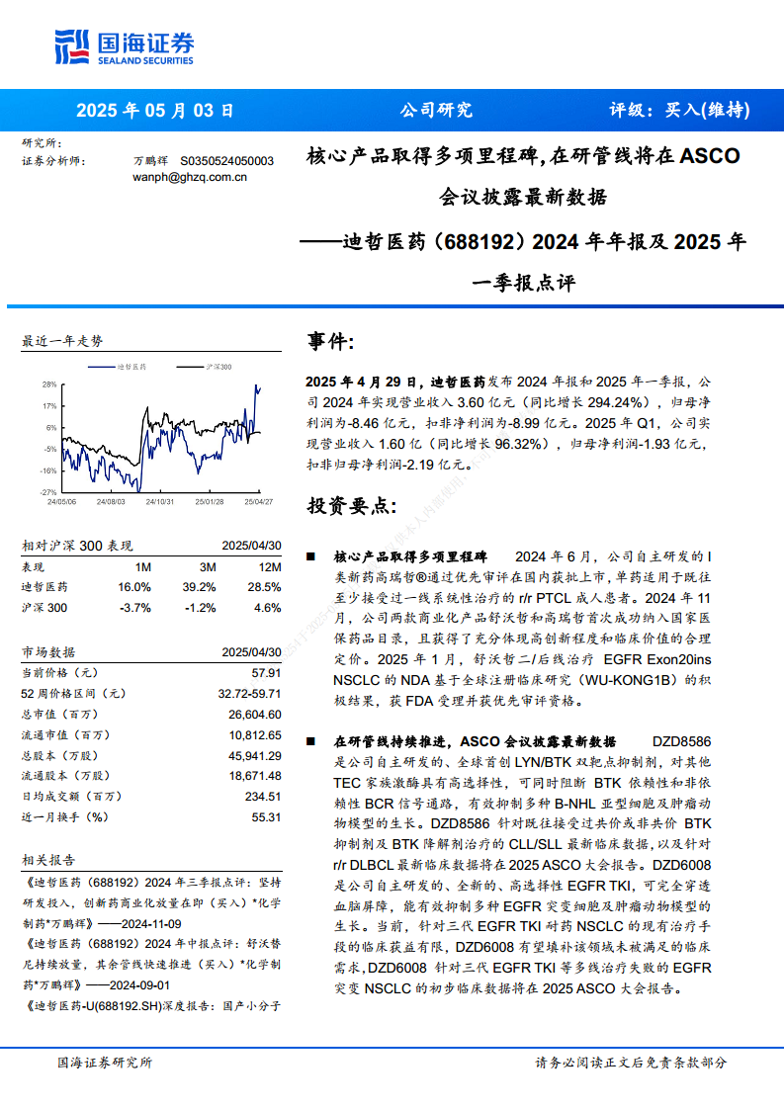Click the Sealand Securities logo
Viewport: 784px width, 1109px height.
click(x=124, y=46)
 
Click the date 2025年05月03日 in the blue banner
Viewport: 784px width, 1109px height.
click(x=155, y=111)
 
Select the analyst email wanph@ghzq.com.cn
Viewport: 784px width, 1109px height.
click(x=189, y=177)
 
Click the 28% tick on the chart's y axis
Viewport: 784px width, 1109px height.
click(x=48, y=384)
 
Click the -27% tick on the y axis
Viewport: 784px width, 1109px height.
click(x=48, y=491)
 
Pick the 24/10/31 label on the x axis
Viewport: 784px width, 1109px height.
click(x=160, y=502)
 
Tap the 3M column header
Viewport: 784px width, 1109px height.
click(x=207, y=566)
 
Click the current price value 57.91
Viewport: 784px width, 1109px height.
click(x=267, y=672)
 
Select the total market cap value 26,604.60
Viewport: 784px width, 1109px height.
click(x=255, y=714)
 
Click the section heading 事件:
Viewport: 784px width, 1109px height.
click(x=331, y=342)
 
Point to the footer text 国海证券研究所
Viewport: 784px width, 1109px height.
click(x=105, y=1063)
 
